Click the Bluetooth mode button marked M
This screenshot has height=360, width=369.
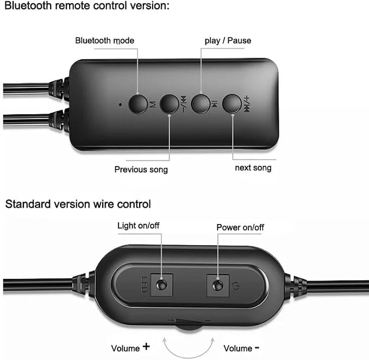(x=138, y=104)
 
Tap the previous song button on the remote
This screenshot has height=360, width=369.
(x=169, y=104)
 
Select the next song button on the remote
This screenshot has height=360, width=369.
(x=232, y=104)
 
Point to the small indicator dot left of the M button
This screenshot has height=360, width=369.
(x=121, y=104)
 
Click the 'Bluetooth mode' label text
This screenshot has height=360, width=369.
(x=105, y=40)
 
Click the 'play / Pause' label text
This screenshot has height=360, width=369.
(x=228, y=41)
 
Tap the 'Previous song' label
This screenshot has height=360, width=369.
(x=141, y=170)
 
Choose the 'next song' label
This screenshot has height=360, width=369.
(x=253, y=168)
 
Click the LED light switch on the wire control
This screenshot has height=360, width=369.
(x=161, y=285)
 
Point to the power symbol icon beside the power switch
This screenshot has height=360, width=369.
(x=236, y=286)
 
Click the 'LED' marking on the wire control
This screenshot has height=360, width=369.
(x=144, y=284)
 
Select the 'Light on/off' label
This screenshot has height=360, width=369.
(x=139, y=226)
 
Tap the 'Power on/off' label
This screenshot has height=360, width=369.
(x=240, y=227)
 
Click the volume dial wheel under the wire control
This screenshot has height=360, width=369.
(x=188, y=326)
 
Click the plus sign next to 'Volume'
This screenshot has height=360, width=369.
(x=146, y=346)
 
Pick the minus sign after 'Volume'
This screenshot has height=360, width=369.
(x=257, y=347)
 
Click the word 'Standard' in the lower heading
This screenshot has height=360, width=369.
(x=28, y=204)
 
